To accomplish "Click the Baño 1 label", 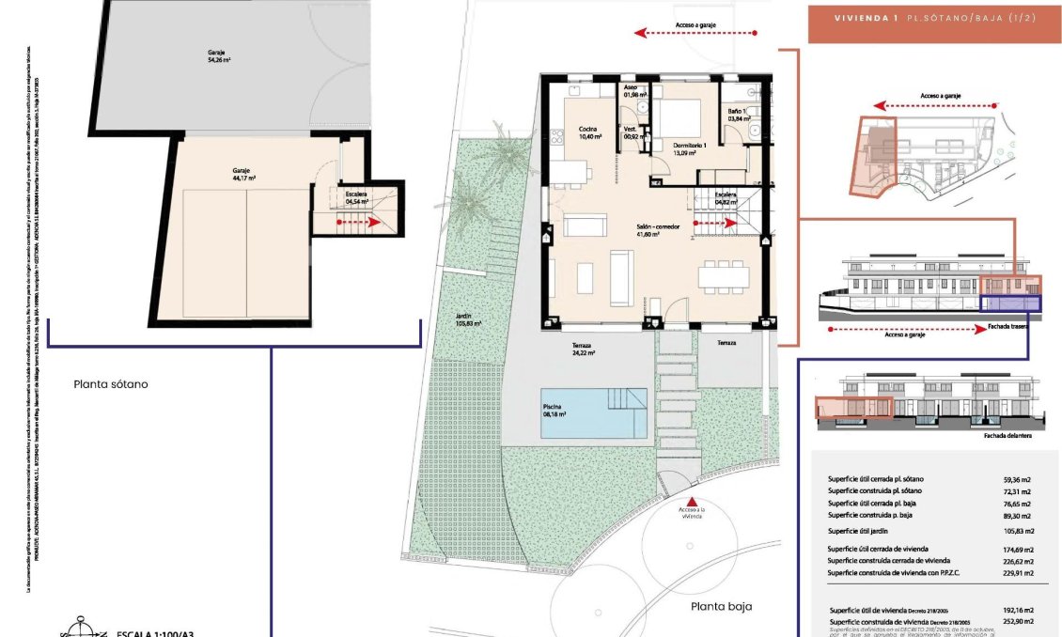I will pos(738,115).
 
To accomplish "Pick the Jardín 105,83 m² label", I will pos(466,319).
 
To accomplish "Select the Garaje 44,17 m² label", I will pos(243,174).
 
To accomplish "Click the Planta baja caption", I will pos(722,606).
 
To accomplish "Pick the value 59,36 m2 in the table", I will pos(1017,479).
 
